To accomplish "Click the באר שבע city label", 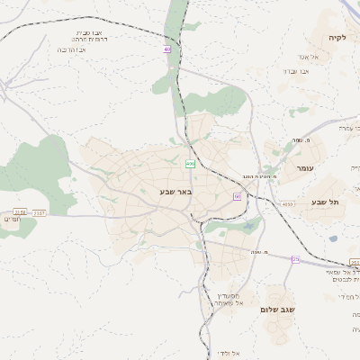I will coord(176,191).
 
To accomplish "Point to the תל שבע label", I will coord(326,202).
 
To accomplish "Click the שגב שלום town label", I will coord(279,309).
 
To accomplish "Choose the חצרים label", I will coord(12,220).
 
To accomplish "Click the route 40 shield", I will coord(167,49).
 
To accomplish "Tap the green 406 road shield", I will coord(190,163).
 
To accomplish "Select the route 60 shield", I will coord(237,195).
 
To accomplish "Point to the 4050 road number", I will coord(287,205).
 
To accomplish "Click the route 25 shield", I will coord(295,259).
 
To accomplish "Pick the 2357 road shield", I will coord(39,212).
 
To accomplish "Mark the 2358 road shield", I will coord(20,212).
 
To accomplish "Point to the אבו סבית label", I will coord(94,32).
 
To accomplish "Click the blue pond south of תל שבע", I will coord(333,238).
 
